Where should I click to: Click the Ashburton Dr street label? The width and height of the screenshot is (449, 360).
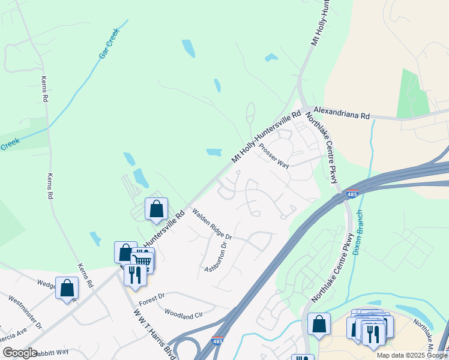217,256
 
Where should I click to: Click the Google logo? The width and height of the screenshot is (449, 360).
20,353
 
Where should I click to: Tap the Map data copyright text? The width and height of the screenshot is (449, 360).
412,355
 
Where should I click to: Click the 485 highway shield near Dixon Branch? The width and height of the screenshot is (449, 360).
352,195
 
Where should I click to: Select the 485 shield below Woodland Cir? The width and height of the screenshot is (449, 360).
218,341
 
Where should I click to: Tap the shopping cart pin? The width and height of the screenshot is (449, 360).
143,260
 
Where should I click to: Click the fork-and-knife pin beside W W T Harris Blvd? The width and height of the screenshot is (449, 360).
134,275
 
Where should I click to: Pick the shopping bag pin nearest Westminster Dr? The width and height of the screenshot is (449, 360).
67,287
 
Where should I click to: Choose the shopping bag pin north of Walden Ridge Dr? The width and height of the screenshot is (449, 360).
156,209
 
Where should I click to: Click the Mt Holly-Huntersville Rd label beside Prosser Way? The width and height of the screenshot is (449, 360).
266,137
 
